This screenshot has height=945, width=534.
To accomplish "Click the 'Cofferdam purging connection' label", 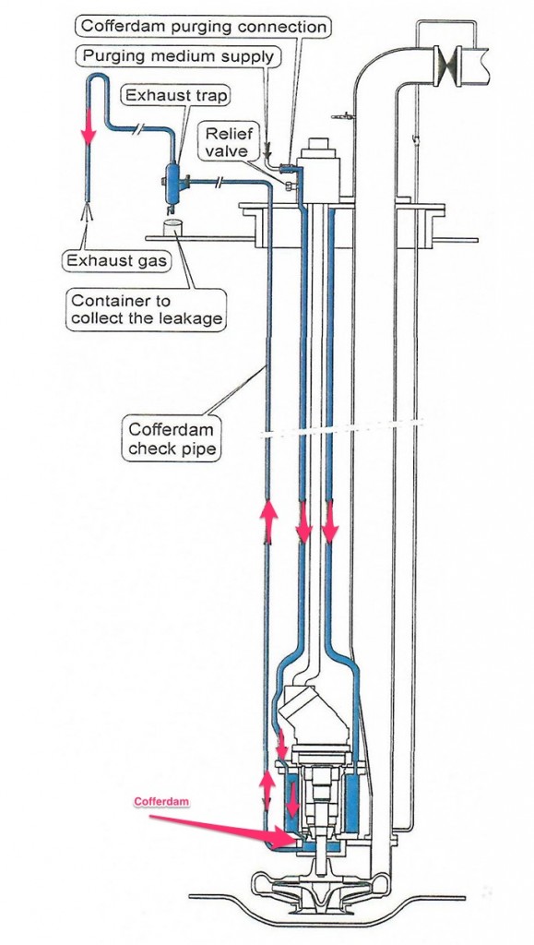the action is tap(204, 27).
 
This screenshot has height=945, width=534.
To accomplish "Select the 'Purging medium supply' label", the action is tap(178, 56).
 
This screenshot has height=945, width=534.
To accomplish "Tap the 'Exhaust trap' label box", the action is tap(176, 95).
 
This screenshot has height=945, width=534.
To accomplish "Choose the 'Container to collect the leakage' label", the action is tap(146, 310).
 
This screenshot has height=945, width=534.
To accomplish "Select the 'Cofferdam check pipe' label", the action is tap(171, 439).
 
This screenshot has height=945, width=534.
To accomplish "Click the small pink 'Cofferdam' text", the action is tap(161, 802).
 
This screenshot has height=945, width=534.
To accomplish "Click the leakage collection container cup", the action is tap(172, 229).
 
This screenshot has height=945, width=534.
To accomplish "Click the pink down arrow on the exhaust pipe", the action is tap(89, 126).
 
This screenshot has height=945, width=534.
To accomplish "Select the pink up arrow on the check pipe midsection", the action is tap(268, 520).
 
